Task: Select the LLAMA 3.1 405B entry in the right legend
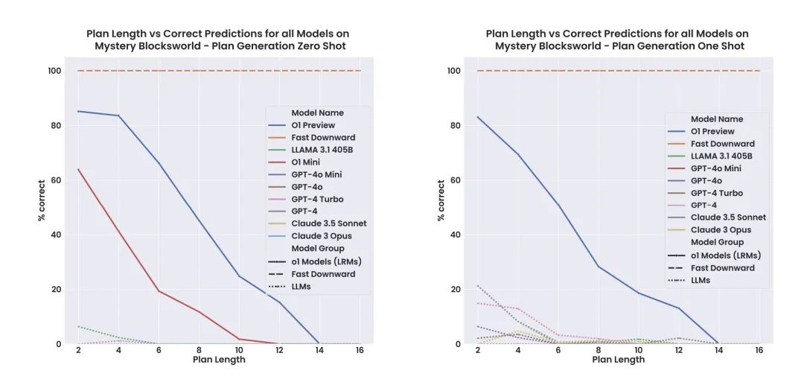point(721,156)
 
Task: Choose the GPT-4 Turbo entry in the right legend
point(717,193)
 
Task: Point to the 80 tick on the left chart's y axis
point(57,125)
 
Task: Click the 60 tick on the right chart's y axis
point(456,180)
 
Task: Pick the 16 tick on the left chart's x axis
point(360,349)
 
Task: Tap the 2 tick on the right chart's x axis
point(477,349)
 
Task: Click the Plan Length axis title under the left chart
point(219,360)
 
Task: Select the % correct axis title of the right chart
point(441,200)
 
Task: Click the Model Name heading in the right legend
point(717,119)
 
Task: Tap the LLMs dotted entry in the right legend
point(700,280)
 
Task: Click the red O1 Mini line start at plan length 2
point(79,169)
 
